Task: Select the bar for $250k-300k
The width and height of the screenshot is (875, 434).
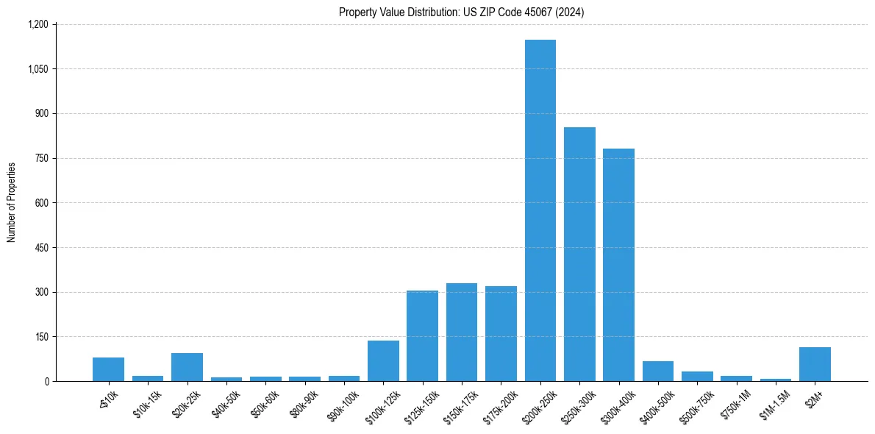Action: pyautogui.click(x=579, y=255)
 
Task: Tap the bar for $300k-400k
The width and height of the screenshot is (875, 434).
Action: pyautogui.click(x=618, y=265)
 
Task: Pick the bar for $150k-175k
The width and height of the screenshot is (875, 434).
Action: pyautogui.click(x=462, y=332)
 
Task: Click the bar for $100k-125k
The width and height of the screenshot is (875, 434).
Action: pyautogui.click(x=383, y=361)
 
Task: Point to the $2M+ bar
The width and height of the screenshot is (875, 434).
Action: pyautogui.click(x=815, y=364)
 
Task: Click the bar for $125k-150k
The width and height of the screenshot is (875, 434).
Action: pyautogui.click(x=422, y=336)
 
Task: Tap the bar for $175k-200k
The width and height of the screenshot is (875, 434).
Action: pyautogui.click(x=501, y=334)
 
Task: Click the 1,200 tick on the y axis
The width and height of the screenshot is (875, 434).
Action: pyautogui.click(x=37, y=24)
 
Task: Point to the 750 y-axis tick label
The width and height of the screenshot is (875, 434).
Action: pyautogui.click(x=41, y=158)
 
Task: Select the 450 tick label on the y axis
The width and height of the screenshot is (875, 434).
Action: pyautogui.click(x=41, y=248)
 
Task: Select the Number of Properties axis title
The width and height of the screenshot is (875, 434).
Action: pyautogui.click(x=12, y=202)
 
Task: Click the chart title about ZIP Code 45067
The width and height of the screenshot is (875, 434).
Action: pyautogui.click(x=462, y=12)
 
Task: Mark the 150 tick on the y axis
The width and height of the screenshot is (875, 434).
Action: pyautogui.click(x=41, y=337)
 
